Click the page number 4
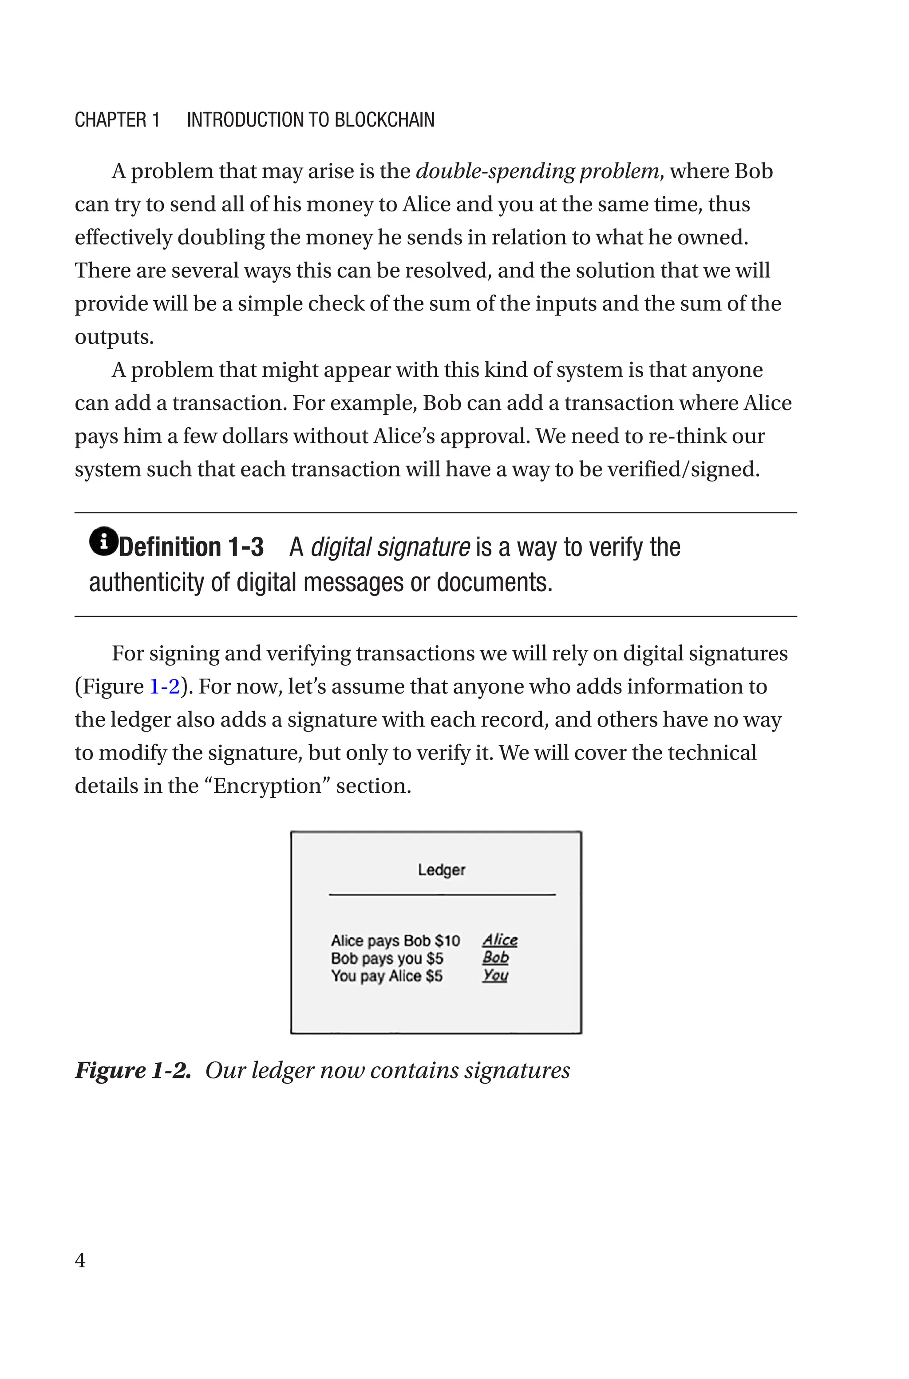pyautogui.click(x=80, y=1260)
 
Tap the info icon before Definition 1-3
pyautogui.click(x=103, y=542)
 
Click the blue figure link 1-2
pyautogui.click(x=165, y=687)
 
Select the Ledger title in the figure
pyautogui.click(x=441, y=870)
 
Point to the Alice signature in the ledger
pyautogui.click(x=500, y=940)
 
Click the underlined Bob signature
pyautogui.click(x=496, y=958)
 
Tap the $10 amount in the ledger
pyautogui.click(x=447, y=941)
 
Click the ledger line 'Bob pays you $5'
pyautogui.click(x=387, y=958)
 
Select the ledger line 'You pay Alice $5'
pyautogui.click(x=386, y=976)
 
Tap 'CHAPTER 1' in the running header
pyautogui.click(x=117, y=120)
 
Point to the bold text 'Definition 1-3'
pyautogui.click(x=191, y=547)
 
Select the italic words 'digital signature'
pyautogui.click(x=390, y=547)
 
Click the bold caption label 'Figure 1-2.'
pyautogui.click(x=133, y=1070)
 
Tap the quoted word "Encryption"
pyautogui.click(x=267, y=787)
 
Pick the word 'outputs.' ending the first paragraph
pyautogui.click(x=114, y=338)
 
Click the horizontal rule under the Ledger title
pyautogui.click(x=442, y=895)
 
